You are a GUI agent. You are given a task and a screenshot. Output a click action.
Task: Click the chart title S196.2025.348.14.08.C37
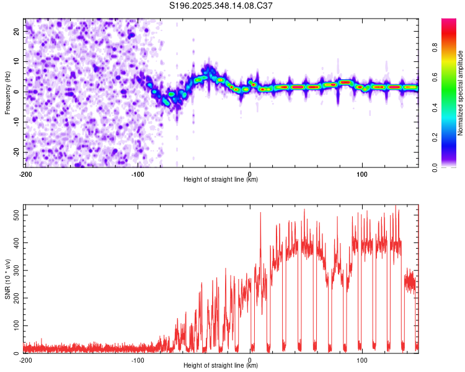tap(221, 6)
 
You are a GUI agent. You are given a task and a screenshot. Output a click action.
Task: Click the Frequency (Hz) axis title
tap(7, 92)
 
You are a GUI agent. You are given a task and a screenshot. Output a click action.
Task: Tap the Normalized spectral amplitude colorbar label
tap(461, 92)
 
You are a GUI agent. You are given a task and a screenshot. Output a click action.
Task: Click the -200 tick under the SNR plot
tap(25, 360)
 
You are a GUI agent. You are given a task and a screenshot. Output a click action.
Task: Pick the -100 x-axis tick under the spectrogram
tap(138, 174)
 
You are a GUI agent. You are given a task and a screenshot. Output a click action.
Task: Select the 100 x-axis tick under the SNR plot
tap(362, 360)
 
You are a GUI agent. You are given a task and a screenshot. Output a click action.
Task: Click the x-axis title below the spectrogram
tap(221, 180)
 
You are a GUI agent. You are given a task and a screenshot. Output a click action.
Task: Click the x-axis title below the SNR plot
tap(221, 366)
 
